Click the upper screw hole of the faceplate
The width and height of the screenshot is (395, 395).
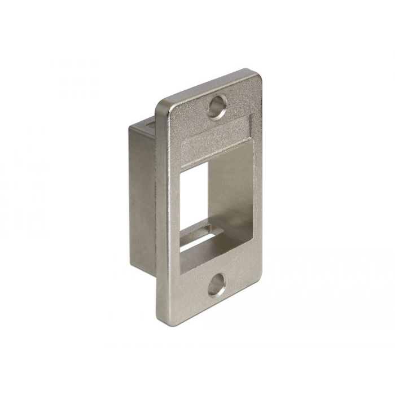coord(217,106)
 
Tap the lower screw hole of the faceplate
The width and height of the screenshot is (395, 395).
coord(216,287)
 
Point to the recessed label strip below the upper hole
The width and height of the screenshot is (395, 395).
coord(209,131)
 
